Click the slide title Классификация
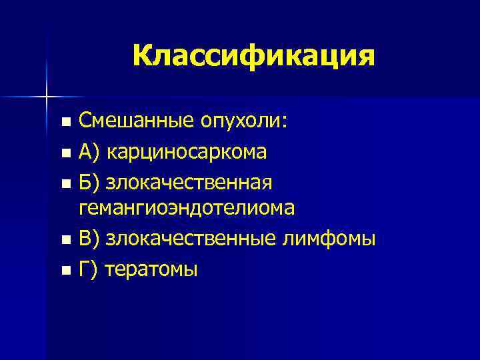pyautogui.click(x=253, y=55)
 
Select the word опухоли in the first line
pyautogui.click(x=239, y=121)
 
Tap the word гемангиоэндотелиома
pyautogui.click(x=187, y=208)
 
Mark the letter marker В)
pyautogui.click(x=89, y=237)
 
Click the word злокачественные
pyautogui.click(x=203, y=237)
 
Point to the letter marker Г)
pyautogui.click(x=88, y=268)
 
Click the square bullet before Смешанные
pyautogui.click(x=65, y=123)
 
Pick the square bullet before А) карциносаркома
pyautogui.click(x=65, y=153)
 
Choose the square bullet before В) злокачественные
pyautogui.click(x=65, y=239)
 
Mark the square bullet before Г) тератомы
pyautogui.click(x=65, y=270)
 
